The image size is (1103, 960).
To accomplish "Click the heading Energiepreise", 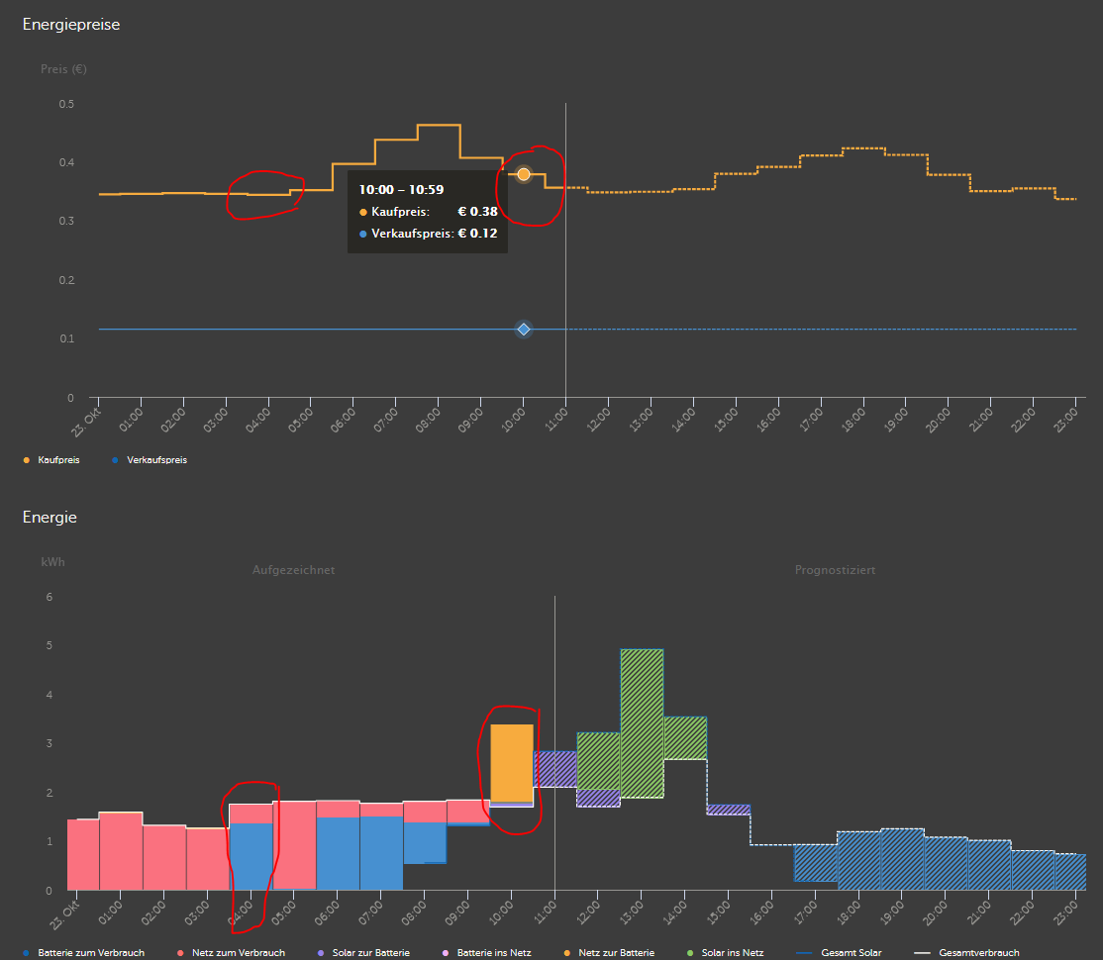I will tap(71, 25).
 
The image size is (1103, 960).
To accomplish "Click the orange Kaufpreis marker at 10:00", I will tap(524, 174).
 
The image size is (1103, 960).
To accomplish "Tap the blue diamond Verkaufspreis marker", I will tap(524, 329).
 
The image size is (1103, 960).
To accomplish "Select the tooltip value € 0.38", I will tap(476, 211).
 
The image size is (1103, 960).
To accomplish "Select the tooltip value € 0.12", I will tap(476, 234).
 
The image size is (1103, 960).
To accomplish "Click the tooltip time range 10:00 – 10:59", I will tap(401, 188).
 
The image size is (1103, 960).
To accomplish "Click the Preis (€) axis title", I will tap(63, 69).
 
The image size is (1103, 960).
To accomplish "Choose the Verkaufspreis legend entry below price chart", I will tap(156, 460).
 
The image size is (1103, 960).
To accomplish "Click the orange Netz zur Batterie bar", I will tap(512, 762).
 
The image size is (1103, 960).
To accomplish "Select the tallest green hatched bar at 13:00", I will tap(642, 722).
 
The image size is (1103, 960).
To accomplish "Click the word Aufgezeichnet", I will tap(293, 570).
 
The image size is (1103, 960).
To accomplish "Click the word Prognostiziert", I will tap(835, 570).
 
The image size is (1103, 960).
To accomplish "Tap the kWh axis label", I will tap(52, 561).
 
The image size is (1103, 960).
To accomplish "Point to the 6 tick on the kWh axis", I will tap(49, 597).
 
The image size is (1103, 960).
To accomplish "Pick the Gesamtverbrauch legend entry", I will tap(977, 953).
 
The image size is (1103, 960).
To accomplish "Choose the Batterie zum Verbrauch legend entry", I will tap(90, 953).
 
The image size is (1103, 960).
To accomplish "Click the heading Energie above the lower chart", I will tap(50, 517).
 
